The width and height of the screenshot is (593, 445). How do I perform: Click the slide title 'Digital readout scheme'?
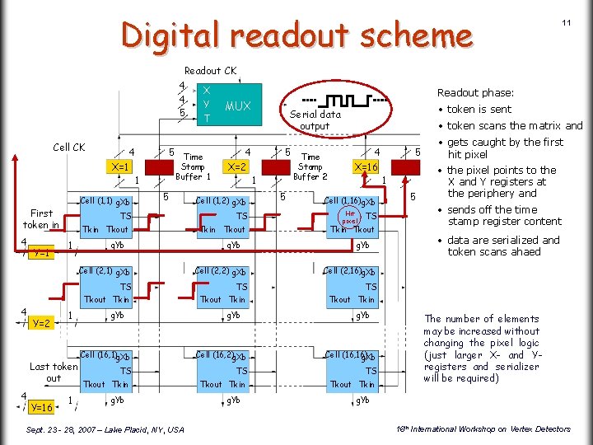point(296,35)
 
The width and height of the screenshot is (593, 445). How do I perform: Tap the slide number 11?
point(567,22)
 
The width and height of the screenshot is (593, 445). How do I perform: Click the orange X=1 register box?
point(119,166)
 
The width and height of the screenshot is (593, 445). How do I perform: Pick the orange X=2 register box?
point(237,166)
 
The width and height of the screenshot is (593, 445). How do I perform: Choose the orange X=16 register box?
point(365,166)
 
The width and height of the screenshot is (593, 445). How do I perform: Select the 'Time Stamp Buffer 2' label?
point(311,166)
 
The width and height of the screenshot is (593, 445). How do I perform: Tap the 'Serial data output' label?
point(314,120)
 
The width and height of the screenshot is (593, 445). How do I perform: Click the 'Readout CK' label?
point(210,71)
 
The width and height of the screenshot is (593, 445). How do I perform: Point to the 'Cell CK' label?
point(68,148)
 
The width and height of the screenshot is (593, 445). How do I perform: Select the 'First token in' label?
point(40,218)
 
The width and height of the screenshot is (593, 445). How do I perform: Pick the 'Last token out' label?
point(54,372)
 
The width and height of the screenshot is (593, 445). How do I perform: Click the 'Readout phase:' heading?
point(475,93)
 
